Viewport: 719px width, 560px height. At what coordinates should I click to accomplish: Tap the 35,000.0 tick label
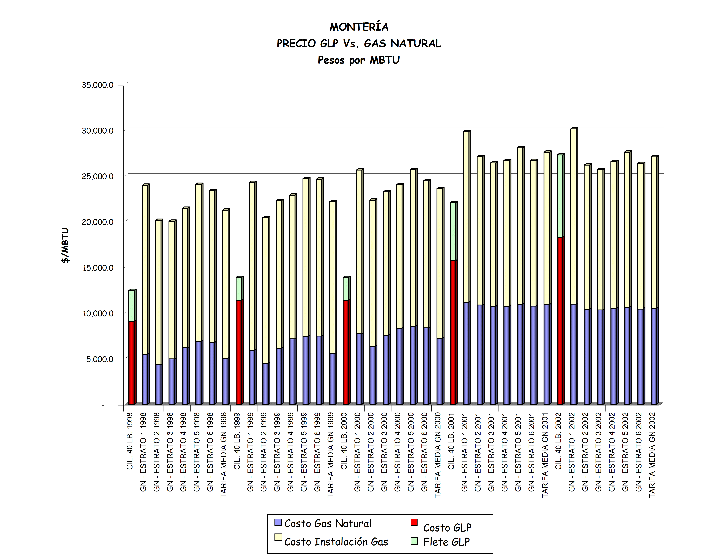[98, 85]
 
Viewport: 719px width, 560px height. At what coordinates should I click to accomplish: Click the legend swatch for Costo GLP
[414, 522]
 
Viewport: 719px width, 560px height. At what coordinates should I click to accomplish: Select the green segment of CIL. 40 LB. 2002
[560, 196]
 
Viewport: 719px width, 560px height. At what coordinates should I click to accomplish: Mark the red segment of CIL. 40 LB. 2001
[453, 332]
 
